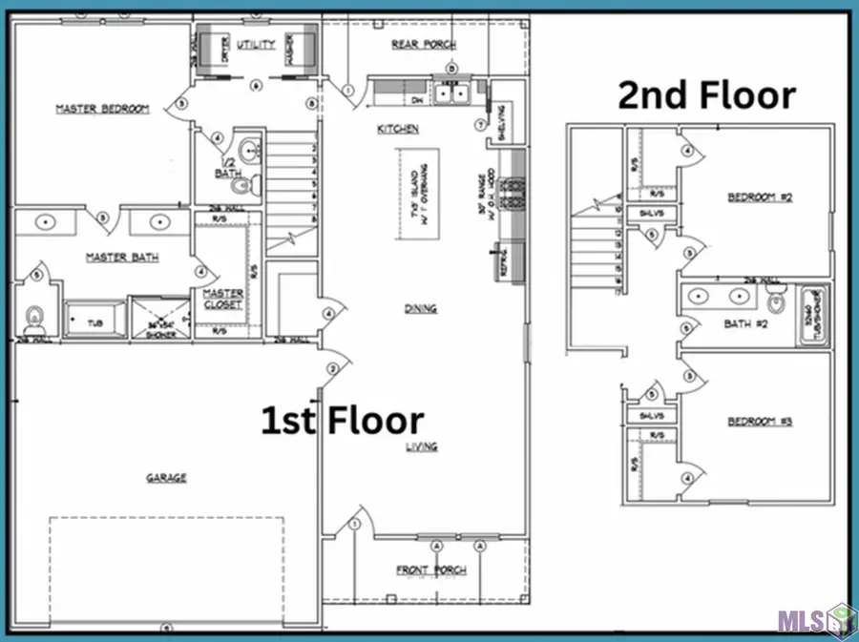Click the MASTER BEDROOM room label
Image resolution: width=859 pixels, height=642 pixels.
tap(102, 109)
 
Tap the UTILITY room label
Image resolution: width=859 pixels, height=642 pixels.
tap(257, 44)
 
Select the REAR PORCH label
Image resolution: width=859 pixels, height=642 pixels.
tap(423, 45)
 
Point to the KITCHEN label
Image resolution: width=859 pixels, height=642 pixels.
tap(398, 128)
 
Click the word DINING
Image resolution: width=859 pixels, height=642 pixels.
tap(420, 308)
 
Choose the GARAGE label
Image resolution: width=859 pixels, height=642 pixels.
tap(165, 478)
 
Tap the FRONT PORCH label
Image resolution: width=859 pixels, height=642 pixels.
tap(431, 570)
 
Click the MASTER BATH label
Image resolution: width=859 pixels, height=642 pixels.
tap(121, 257)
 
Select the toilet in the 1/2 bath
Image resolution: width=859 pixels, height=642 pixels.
tap(241, 184)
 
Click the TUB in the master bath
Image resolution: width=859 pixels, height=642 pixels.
tap(94, 321)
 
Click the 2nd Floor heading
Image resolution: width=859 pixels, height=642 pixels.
tap(706, 95)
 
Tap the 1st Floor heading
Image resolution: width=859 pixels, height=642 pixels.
tap(343, 421)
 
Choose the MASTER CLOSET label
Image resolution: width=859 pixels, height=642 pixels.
tap(222, 299)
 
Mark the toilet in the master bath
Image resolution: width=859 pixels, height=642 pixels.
tap(35, 316)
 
